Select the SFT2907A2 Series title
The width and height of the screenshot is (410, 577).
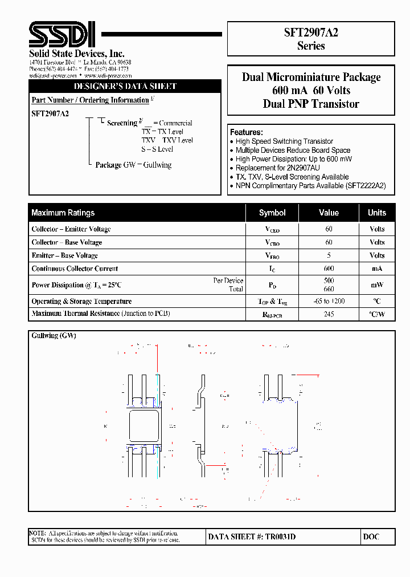[x=311, y=39]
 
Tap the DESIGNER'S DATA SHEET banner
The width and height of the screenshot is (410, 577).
[x=125, y=87]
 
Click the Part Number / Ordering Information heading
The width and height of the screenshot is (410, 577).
[x=91, y=100]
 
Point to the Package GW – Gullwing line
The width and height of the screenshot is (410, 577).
[x=133, y=165]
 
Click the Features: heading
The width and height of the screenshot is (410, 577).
[x=247, y=132]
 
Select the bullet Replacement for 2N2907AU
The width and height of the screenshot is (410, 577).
[x=278, y=168]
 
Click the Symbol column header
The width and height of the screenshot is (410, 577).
[x=272, y=213]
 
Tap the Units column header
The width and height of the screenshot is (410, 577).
[x=377, y=213]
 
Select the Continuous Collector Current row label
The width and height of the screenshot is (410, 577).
[x=75, y=269]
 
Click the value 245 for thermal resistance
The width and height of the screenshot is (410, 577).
[x=329, y=314]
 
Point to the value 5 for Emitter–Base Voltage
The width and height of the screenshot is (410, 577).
[x=329, y=255]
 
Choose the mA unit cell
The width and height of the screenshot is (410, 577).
[x=377, y=269]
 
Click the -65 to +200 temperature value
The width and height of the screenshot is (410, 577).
[x=329, y=301]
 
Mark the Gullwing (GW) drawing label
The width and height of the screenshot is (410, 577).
[x=54, y=336]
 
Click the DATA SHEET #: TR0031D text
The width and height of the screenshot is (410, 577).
[x=252, y=537]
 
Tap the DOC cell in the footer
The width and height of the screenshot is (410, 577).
[x=371, y=537]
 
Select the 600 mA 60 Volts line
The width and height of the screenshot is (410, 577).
[x=311, y=91]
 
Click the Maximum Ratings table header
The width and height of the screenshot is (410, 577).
[x=63, y=213]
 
